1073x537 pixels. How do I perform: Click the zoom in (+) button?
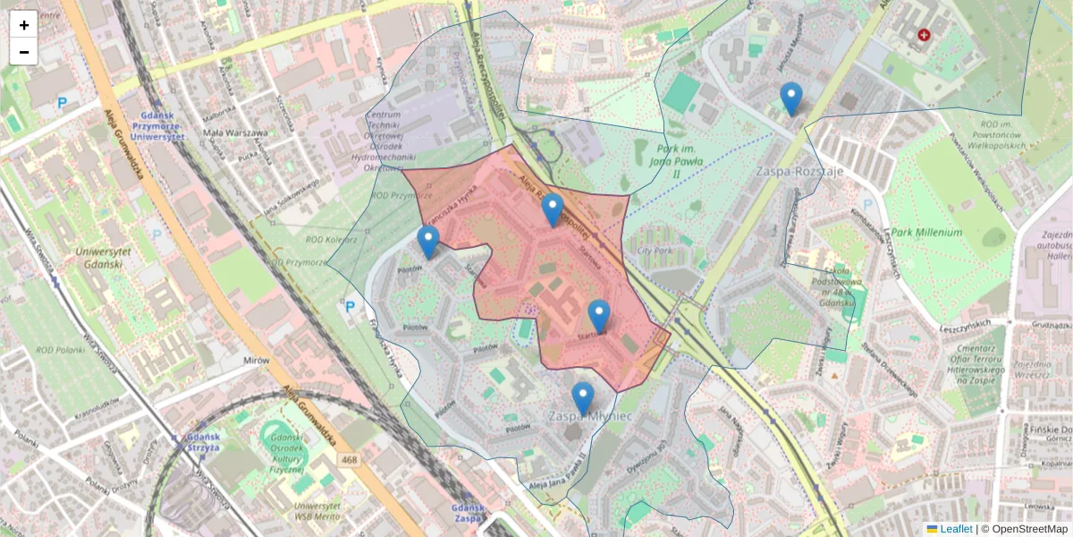24,25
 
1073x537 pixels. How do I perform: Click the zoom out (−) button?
24,52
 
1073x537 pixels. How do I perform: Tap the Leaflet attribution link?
955,529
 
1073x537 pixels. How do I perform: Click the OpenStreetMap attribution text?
1031,529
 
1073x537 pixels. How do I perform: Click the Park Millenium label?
925,233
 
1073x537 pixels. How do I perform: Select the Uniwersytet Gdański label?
103,257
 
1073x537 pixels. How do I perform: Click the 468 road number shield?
351,459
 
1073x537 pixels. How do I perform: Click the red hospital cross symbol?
924,35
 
